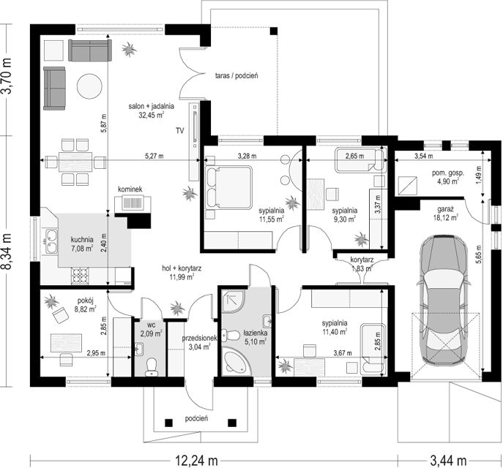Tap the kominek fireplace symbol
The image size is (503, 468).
(133, 203)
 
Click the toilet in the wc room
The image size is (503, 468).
(150, 367)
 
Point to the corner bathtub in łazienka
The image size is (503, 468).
(236, 361)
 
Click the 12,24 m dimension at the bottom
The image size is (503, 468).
(196, 461)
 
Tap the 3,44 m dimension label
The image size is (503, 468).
(448, 461)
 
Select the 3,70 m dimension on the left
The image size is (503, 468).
(7, 75)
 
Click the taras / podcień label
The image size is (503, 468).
(236, 76)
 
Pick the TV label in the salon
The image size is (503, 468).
(179, 131)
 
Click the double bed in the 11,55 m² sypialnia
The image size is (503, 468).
(228, 188)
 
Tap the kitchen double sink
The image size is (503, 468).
(50, 241)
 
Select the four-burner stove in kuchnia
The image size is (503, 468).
(80, 276)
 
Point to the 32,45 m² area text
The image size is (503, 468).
(152, 115)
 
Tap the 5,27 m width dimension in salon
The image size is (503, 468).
(154, 156)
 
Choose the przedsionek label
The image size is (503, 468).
(200, 339)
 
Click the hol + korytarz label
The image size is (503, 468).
(182, 268)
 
